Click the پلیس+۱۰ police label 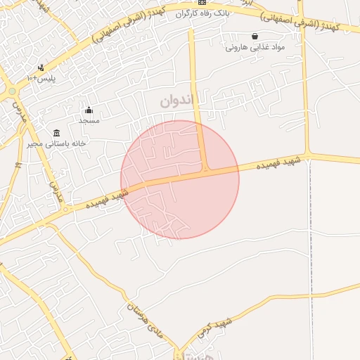pos(41,78)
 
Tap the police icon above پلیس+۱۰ pos(41,68)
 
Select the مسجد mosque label pos(89,120)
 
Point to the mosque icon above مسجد pos(89,110)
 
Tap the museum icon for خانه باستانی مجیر pos(57,133)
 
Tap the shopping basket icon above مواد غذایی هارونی pos(255,37)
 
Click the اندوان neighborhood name pos(175,101)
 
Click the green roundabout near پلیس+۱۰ pos(12,91)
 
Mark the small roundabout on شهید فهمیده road pos(65,210)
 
